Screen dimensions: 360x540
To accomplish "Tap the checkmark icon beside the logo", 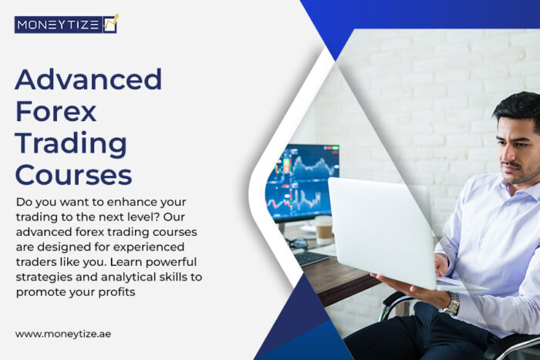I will [110, 23].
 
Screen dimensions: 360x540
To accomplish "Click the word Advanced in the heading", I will [89, 79].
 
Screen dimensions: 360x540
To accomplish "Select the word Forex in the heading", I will [56, 111].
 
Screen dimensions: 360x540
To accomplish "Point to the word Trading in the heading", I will [71, 143].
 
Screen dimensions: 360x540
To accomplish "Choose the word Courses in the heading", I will [73, 174].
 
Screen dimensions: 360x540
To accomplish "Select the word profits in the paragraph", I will [123, 291].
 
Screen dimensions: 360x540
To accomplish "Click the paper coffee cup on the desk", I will [323, 229].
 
